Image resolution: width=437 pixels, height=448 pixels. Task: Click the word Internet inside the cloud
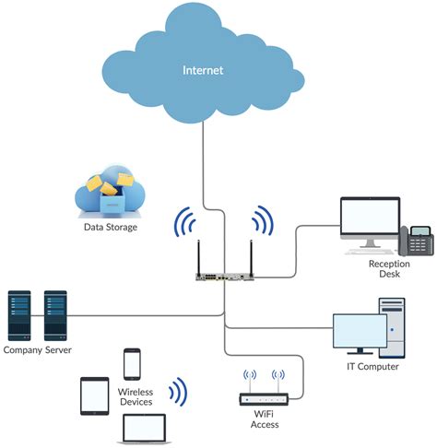tap(204, 69)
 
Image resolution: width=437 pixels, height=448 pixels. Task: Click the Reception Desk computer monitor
tap(369, 220)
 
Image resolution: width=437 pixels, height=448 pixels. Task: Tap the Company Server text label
tap(37, 350)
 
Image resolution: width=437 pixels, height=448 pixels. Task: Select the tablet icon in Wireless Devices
tap(95, 395)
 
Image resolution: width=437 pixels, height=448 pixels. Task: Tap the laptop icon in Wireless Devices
tap(144, 428)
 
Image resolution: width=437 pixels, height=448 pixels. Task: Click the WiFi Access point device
tap(263, 399)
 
